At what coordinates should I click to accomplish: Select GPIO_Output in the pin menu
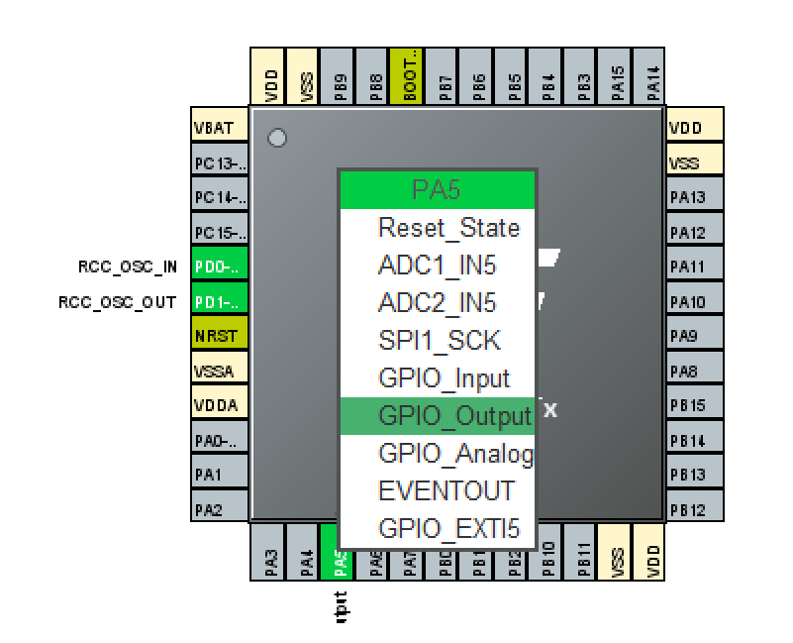tap(438, 416)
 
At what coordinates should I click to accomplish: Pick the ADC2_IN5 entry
tap(438, 303)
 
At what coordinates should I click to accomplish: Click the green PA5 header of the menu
tap(438, 189)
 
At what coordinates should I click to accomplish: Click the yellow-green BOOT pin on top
tap(409, 76)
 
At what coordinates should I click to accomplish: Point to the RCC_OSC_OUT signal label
tap(118, 302)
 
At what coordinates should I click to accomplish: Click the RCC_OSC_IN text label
tap(128, 267)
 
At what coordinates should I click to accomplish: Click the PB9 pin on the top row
tap(340, 76)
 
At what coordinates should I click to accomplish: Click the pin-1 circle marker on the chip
tap(277, 138)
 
